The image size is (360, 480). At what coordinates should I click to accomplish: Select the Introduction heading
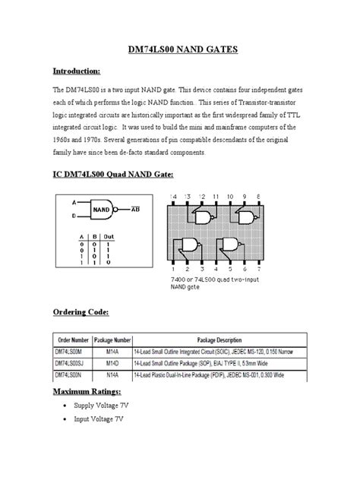pyautogui.click(x=76, y=71)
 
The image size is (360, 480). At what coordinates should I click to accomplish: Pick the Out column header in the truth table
pyautogui.click(x=109, y=237)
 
